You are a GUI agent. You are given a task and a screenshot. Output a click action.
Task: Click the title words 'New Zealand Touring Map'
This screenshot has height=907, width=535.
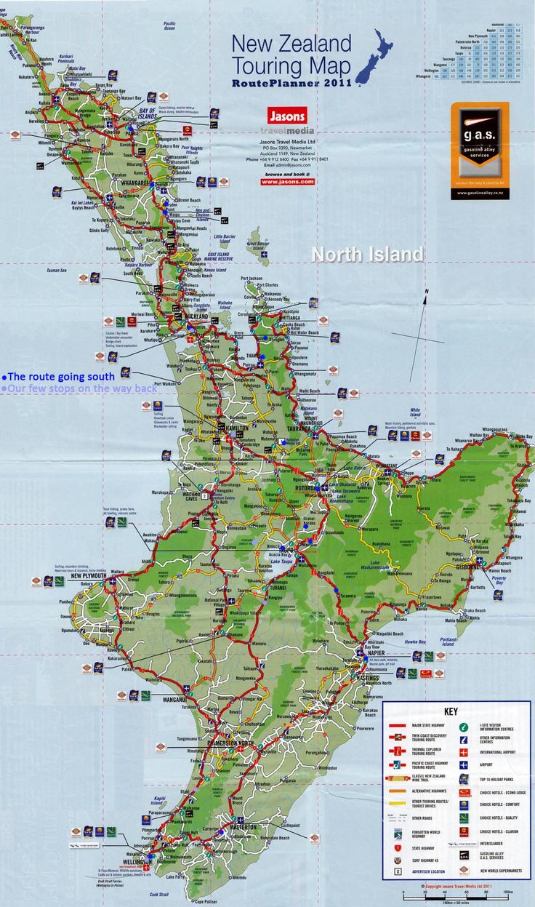[291, 55]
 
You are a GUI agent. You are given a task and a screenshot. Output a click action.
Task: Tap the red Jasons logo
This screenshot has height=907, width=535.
[287, 116]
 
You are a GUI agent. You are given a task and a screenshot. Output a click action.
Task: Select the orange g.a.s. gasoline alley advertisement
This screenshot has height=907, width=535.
[480, 150]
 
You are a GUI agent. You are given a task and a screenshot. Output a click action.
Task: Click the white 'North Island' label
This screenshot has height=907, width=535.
[367, 255]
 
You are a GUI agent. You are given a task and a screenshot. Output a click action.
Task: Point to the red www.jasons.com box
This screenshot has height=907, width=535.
[287, 182]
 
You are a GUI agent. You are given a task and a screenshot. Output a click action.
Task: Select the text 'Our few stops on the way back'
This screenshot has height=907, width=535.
[80, 388]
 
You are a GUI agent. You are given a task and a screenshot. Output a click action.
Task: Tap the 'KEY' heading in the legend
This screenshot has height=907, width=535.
[451, 711]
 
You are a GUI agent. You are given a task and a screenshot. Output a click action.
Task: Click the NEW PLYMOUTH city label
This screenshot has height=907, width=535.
[88, 576]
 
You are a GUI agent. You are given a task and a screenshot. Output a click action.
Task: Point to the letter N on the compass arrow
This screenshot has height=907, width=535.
[427, 292]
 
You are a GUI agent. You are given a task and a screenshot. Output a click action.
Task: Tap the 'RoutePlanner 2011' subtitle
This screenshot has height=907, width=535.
[291, 83]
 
